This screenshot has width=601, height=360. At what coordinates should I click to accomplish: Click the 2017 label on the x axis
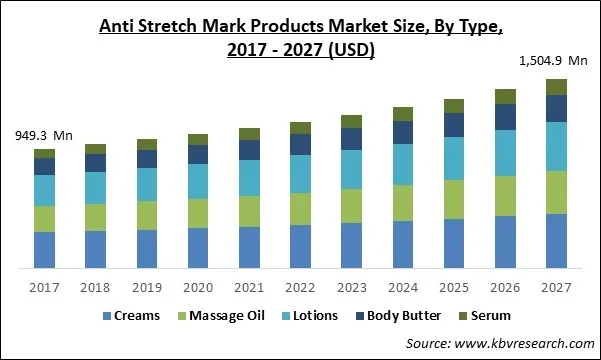point(44,287)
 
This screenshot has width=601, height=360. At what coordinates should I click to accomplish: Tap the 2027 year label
point(556,287)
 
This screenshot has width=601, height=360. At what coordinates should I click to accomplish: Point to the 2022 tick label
point(300,287)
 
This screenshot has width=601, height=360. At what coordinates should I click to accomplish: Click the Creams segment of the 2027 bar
point(556,241)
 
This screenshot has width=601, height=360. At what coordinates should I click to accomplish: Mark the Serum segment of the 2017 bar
point(44,153)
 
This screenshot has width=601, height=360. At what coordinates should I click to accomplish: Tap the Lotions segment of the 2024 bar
point(403,164)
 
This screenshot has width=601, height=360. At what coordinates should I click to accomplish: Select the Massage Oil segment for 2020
point(198,213)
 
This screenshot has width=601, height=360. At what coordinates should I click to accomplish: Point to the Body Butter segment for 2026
point(505,117)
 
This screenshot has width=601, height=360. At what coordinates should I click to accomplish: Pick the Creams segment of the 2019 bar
point(147,249)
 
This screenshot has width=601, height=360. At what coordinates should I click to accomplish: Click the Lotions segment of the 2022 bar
point(300,174)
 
